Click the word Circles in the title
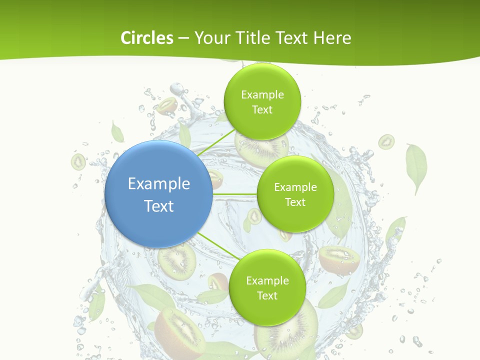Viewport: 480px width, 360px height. tap(146, 38)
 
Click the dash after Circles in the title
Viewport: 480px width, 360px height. tap(183, 38)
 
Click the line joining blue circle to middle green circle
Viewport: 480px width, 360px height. tap(235, 193)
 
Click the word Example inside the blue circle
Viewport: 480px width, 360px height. tap(159, 184)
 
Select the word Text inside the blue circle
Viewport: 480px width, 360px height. tap(159, 206)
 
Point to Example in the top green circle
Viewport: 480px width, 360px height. tap(262, 95)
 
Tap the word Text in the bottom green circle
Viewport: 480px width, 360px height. tap(267, 296)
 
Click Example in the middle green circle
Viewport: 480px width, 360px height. tap(295, 187)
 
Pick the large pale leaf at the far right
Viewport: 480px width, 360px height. tap(416, 167)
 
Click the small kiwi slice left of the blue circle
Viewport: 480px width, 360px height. tap(78, 161)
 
